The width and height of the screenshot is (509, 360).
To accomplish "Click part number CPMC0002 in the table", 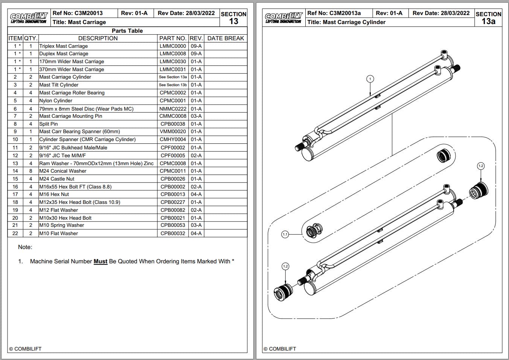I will [x=173, y=93].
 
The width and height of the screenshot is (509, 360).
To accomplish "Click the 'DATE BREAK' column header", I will [x=226, y=38].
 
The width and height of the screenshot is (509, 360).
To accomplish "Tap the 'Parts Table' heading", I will [x=127, y=31].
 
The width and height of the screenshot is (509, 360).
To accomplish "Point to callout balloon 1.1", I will [x=285, y=234].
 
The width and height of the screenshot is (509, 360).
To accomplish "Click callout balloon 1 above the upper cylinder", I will [x=370, y=79].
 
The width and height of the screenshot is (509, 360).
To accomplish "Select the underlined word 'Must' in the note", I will [x=101, y=261].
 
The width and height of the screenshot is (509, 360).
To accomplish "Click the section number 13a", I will [x=488, y=21].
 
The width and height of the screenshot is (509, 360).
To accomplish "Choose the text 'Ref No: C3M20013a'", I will [x=334, y=13].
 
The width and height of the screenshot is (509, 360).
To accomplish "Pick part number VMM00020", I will [x=173, y=132].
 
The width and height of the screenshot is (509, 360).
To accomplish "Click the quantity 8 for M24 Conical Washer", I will [x=31, y=171].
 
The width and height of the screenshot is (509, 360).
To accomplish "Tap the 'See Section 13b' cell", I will [x=173, y=85].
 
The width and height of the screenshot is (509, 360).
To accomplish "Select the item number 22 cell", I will [x=15, y=233].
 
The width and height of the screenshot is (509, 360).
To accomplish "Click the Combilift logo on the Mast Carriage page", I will [x=29, y=18].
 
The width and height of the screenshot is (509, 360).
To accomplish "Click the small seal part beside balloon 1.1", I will [x=312, y=230].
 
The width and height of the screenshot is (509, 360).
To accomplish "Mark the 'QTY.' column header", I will [x=31, y=38].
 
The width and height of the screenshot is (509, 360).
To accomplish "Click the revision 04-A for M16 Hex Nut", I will [x=196, y=194].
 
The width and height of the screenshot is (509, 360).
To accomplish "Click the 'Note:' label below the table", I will [x=25, y=247].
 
